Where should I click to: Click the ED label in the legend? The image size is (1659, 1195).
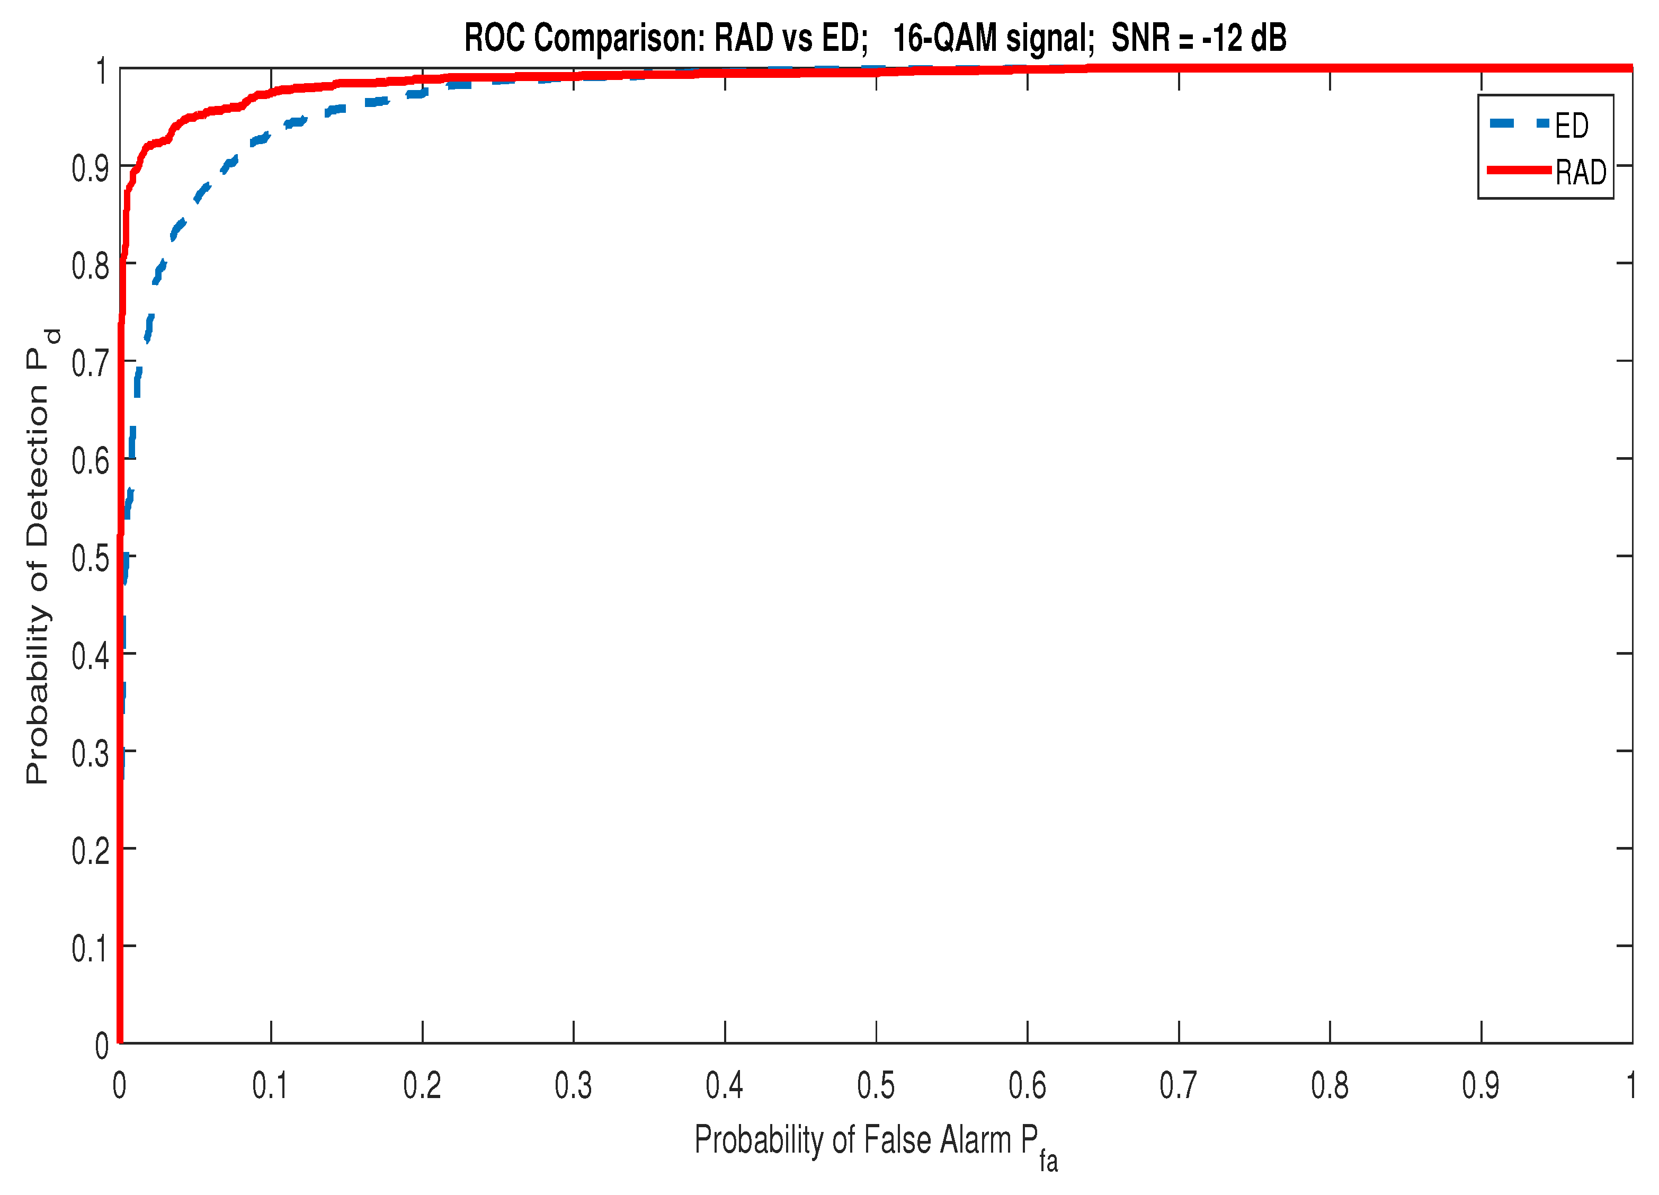tap(1571, 126)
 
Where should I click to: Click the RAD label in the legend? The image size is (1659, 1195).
tap(1580, 173)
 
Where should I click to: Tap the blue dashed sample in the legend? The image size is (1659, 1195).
tap(1519, 123)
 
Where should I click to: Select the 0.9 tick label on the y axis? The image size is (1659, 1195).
tap(90, 169)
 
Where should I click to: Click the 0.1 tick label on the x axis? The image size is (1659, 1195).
tap(270, 1086)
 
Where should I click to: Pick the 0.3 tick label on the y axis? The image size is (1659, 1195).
tap(90, 754)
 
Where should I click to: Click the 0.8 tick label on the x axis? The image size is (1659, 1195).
tap(1329, 1086)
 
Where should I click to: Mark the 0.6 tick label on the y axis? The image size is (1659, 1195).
tap(90, 461)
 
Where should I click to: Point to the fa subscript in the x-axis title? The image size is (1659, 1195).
tap(1048, 1161)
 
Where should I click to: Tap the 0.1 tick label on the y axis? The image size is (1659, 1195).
tap(90, 949)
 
